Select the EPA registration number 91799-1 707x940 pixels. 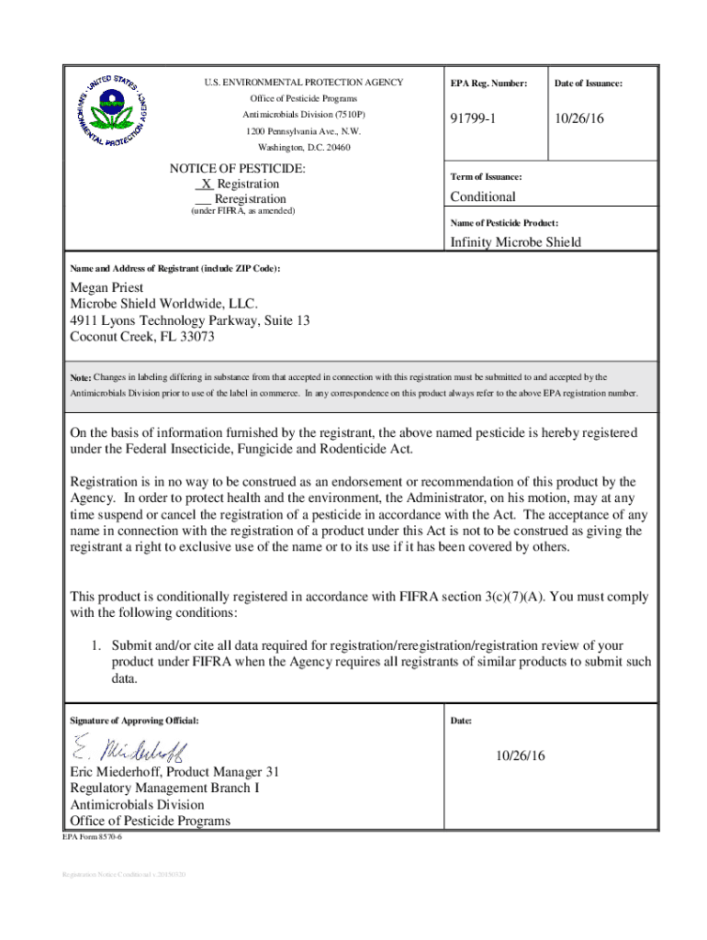click(476, 120)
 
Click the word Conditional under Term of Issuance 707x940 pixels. click(483, 196)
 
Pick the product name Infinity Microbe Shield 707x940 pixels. click(515, 242)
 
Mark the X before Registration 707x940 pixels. click(206, 184)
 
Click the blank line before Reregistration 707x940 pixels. click(204, 199)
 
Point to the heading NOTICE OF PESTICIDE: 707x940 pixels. click(238, 169)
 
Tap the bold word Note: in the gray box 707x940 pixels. click(80, 377)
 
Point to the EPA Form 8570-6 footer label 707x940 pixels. click(92, 838)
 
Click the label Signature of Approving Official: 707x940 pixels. click(134, 721)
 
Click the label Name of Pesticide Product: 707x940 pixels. click(504, 223)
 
